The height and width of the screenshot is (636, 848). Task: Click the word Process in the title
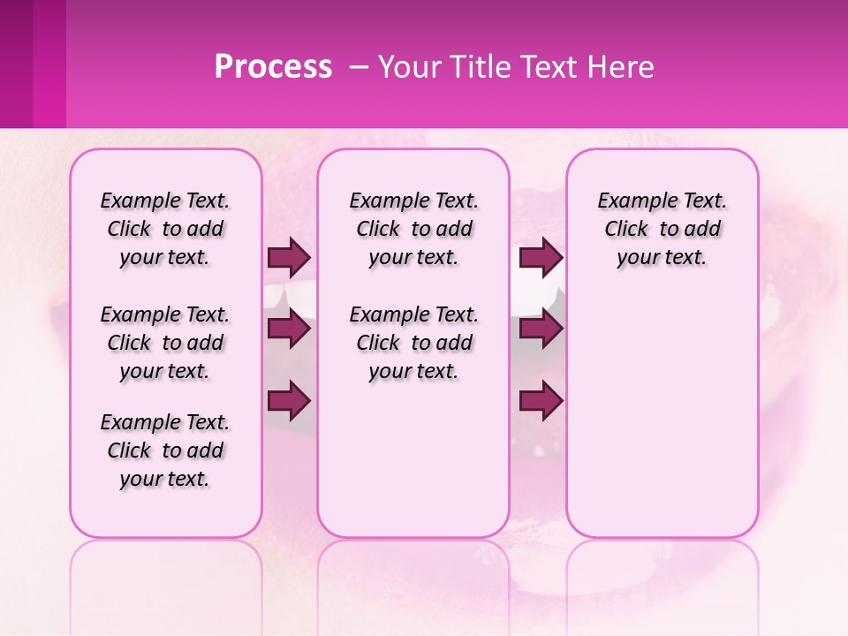[x=273, y=67]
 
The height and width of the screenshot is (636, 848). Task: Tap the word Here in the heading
[x=621, y=67]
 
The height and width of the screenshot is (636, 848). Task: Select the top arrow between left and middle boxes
[x=289, y=257]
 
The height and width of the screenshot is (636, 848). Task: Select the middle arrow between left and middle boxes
[x=289, y=329]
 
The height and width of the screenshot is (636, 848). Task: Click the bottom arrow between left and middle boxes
[x=289, y=401]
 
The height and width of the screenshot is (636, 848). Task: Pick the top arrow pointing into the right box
[x=541, y=257]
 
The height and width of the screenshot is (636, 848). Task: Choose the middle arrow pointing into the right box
[x=541, y=329]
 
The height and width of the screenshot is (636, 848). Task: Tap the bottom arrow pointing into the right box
[x=541, y=401]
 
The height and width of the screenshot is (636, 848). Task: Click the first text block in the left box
[x=165, y=229]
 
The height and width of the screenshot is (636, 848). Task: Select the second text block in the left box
[x=165, y=343]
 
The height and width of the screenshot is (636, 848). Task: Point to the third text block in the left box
[x=165, y=450]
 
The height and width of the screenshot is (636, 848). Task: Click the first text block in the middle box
[x=413, y=229]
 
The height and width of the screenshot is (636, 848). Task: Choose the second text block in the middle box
[x=413, y=343]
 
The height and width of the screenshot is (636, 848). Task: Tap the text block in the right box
[x=662, y=229]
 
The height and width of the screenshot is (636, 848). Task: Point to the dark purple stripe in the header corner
[x=17, y=64]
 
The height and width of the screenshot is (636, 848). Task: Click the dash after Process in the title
[x=360, y=67]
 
